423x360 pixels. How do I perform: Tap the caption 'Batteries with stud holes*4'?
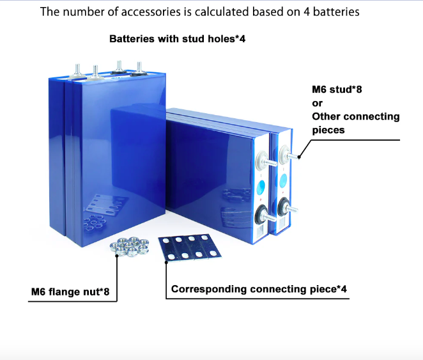tap(177, 39)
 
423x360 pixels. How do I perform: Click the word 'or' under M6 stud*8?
tap(317, 103)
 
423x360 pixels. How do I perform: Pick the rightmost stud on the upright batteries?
tap(139, 68)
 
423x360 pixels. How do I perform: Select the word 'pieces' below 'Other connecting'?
tap(328, 130)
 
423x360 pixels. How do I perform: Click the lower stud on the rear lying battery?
tap(289, 209)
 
